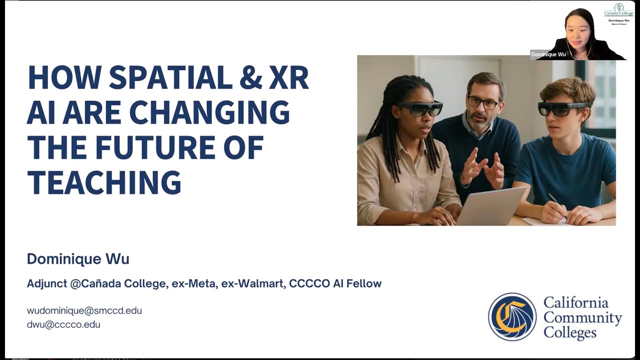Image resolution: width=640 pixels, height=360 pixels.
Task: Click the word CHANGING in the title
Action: click(x=209, y=113)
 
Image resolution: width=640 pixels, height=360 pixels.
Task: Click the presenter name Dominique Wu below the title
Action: click(x=78, y=259)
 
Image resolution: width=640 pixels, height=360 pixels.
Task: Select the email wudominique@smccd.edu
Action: click(x=84, y=310)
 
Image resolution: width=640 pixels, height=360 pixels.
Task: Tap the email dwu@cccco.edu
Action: click(x=63, y=324)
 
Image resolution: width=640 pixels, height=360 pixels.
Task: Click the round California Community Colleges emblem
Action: click(x=512, y=317)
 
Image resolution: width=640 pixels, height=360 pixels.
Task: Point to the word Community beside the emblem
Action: click(x=582, y=317)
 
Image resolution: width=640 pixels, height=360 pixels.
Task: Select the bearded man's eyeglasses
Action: click(x=483, y=103)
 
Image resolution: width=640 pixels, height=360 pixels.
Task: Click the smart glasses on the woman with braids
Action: click(x=420, y=108)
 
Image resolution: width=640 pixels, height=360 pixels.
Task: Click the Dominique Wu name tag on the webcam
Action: click(x=548, y=54)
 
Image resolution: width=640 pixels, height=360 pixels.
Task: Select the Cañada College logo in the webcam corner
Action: click(x=618, y=10)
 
